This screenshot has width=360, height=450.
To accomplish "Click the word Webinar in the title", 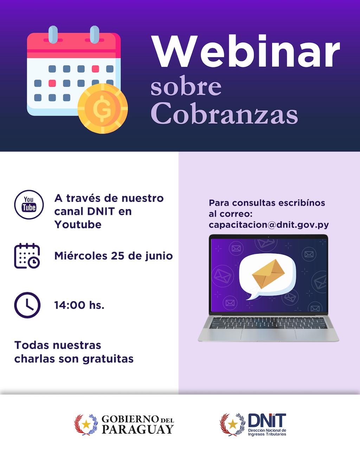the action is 245,51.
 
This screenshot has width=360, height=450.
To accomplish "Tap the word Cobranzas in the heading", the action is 224,114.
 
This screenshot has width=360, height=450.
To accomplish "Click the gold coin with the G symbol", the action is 103,109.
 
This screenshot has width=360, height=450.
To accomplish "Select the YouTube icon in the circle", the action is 29,205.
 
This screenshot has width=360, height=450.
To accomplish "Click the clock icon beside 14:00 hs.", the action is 27,305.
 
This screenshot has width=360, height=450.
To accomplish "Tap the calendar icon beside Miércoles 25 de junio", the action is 27,256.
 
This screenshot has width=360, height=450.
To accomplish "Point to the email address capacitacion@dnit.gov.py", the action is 269,225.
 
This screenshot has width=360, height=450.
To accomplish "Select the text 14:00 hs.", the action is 79,305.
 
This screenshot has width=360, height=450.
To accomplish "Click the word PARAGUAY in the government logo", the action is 138,430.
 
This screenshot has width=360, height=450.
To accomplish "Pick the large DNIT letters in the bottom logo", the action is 267,420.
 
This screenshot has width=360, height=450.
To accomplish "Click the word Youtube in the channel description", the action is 78,225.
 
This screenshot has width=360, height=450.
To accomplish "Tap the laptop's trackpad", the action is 268,335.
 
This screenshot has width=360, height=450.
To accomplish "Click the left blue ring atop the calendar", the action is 53,34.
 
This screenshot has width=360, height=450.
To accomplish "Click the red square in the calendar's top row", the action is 95,69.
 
